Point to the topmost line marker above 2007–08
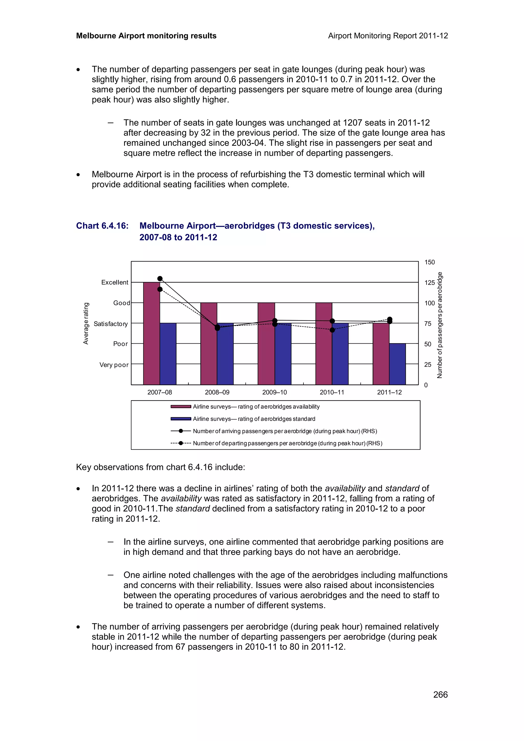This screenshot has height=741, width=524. point(160,278)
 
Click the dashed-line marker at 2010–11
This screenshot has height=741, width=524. point(332,330)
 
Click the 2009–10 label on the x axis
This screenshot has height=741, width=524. point(275,392)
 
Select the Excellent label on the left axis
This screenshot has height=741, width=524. point(115,282)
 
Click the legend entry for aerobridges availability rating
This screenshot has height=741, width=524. point(256,407)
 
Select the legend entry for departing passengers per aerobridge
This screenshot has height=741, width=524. point(287,443)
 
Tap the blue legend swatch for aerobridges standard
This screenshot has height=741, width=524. point(181,419)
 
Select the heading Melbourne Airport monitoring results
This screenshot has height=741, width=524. point(146,36)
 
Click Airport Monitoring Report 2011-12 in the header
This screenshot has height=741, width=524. point(388,36)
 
